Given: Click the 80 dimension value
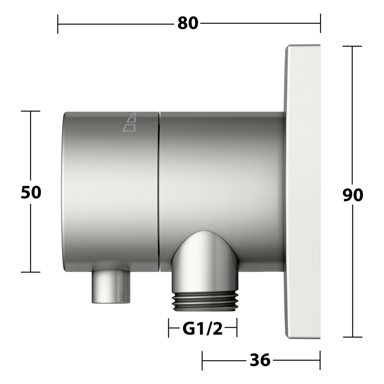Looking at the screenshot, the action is pyautogui.click(x=188, y=23).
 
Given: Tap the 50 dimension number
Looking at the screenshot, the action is pyautogui.click(x=31, y=192).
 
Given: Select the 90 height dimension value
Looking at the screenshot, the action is pyautogui.click(x=353, y=195).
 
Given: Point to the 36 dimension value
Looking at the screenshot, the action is pyautogui.click(x=260, y=360).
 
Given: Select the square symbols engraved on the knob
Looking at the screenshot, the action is pyautogui.click(x=130, y=122).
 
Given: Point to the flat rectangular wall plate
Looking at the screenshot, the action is pyautogui.click(x=303, y=192).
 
